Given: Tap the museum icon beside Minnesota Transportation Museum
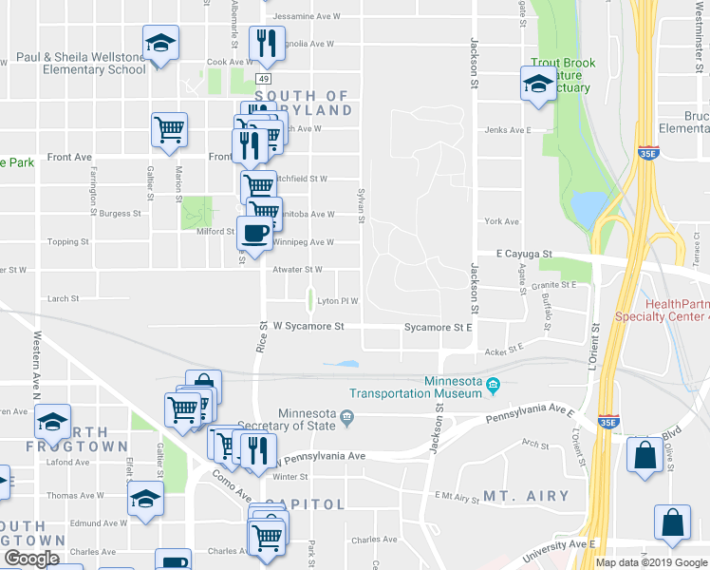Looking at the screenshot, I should (494, 385).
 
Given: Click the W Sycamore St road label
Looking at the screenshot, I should (308, 326).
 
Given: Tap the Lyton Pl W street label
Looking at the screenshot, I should (337, 301).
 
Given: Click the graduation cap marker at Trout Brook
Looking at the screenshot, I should (538, 83).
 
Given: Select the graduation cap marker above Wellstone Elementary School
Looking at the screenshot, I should (161, 43).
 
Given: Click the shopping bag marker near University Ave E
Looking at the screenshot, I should (672, 523).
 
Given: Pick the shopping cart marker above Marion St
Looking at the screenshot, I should (169, 129).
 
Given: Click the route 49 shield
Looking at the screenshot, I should (263, 78).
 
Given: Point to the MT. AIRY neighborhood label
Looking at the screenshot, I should (526, 496).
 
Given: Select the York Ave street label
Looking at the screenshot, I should (501, 221).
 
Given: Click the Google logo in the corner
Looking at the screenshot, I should (31, 559).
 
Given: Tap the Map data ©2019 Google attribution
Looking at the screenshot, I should (652, 562).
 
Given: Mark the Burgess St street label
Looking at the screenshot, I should (121, 214).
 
